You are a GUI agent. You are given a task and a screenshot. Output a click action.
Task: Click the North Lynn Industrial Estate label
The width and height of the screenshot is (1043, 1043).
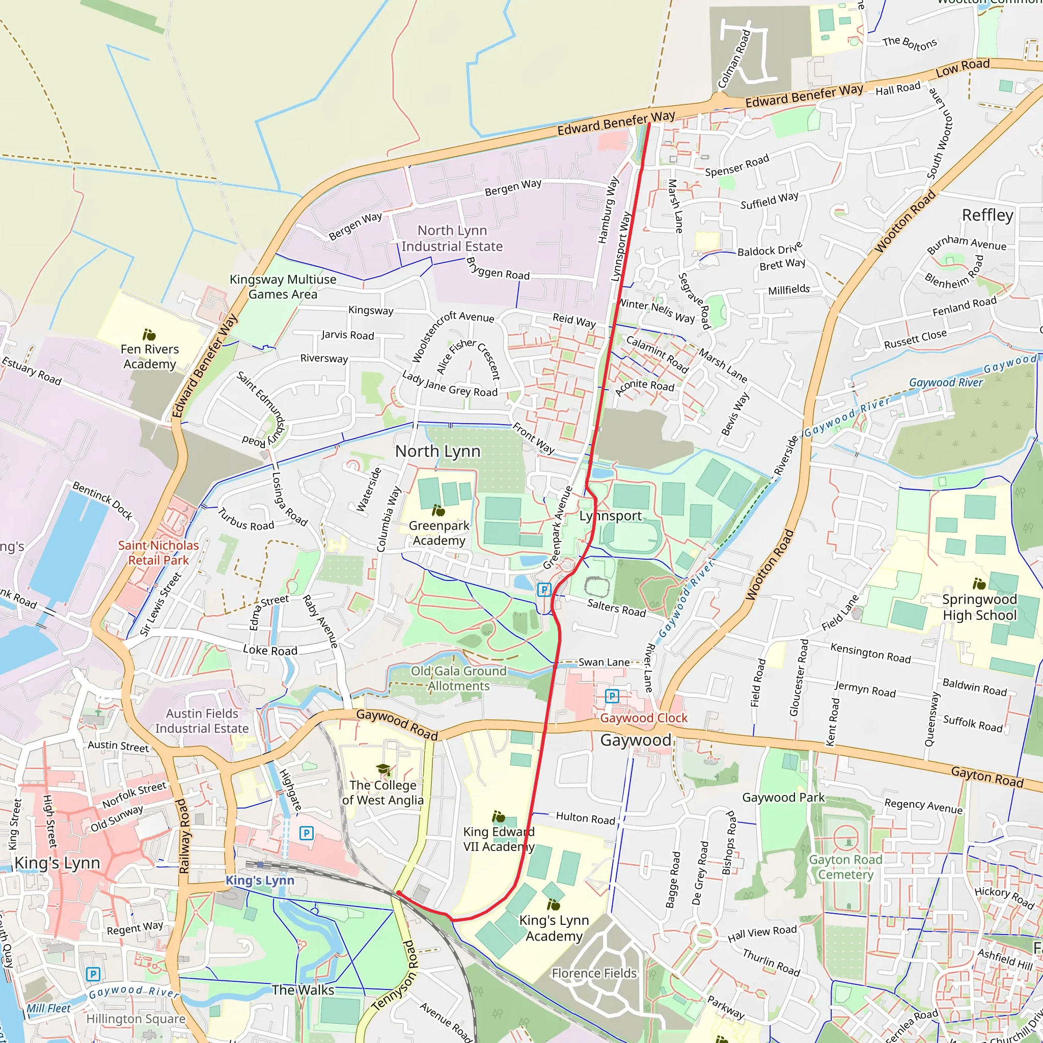tap(452, 238)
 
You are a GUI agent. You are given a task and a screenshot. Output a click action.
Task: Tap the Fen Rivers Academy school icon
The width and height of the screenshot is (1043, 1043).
tap(149, 335)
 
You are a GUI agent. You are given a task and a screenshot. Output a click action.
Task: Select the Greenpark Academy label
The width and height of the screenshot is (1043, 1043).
tap(439, 533)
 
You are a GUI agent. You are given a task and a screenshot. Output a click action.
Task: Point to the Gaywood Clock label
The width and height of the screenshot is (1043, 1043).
tap(644, 718)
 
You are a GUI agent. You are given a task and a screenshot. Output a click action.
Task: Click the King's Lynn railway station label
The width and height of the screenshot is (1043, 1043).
tap(260, 880)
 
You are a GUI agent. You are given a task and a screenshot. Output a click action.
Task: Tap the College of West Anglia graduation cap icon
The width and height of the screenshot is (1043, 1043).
tap(383, 770)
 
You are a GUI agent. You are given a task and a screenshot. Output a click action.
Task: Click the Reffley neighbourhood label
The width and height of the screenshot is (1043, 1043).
tap(987, 215)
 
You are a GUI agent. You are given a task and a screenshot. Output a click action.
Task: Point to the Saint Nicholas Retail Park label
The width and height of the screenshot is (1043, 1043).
tap(158, 553)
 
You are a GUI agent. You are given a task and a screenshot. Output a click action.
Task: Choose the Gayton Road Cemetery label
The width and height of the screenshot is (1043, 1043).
tap(845, 866)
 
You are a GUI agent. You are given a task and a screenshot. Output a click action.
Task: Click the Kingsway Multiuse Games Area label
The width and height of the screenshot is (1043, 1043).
tap(283, 287)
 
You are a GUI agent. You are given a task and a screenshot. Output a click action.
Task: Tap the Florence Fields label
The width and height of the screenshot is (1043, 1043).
tap(594, 973)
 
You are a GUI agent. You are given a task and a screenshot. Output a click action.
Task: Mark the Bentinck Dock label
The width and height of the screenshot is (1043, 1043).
tap(102, 501)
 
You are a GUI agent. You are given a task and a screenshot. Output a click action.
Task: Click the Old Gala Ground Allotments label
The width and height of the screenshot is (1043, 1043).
tap(458, 678)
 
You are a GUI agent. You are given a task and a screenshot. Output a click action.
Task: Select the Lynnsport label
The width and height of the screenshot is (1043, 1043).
tap(610, 516)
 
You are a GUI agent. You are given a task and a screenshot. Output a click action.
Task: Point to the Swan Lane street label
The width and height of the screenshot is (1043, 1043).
tap(603, 662)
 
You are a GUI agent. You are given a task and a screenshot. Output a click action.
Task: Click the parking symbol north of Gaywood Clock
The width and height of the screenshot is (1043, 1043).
tap(612, 696)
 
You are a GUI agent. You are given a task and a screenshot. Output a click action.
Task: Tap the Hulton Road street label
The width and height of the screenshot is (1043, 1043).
tap(585, 818)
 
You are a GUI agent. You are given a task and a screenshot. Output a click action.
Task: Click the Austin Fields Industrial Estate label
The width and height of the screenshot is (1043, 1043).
tap(202, 721)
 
